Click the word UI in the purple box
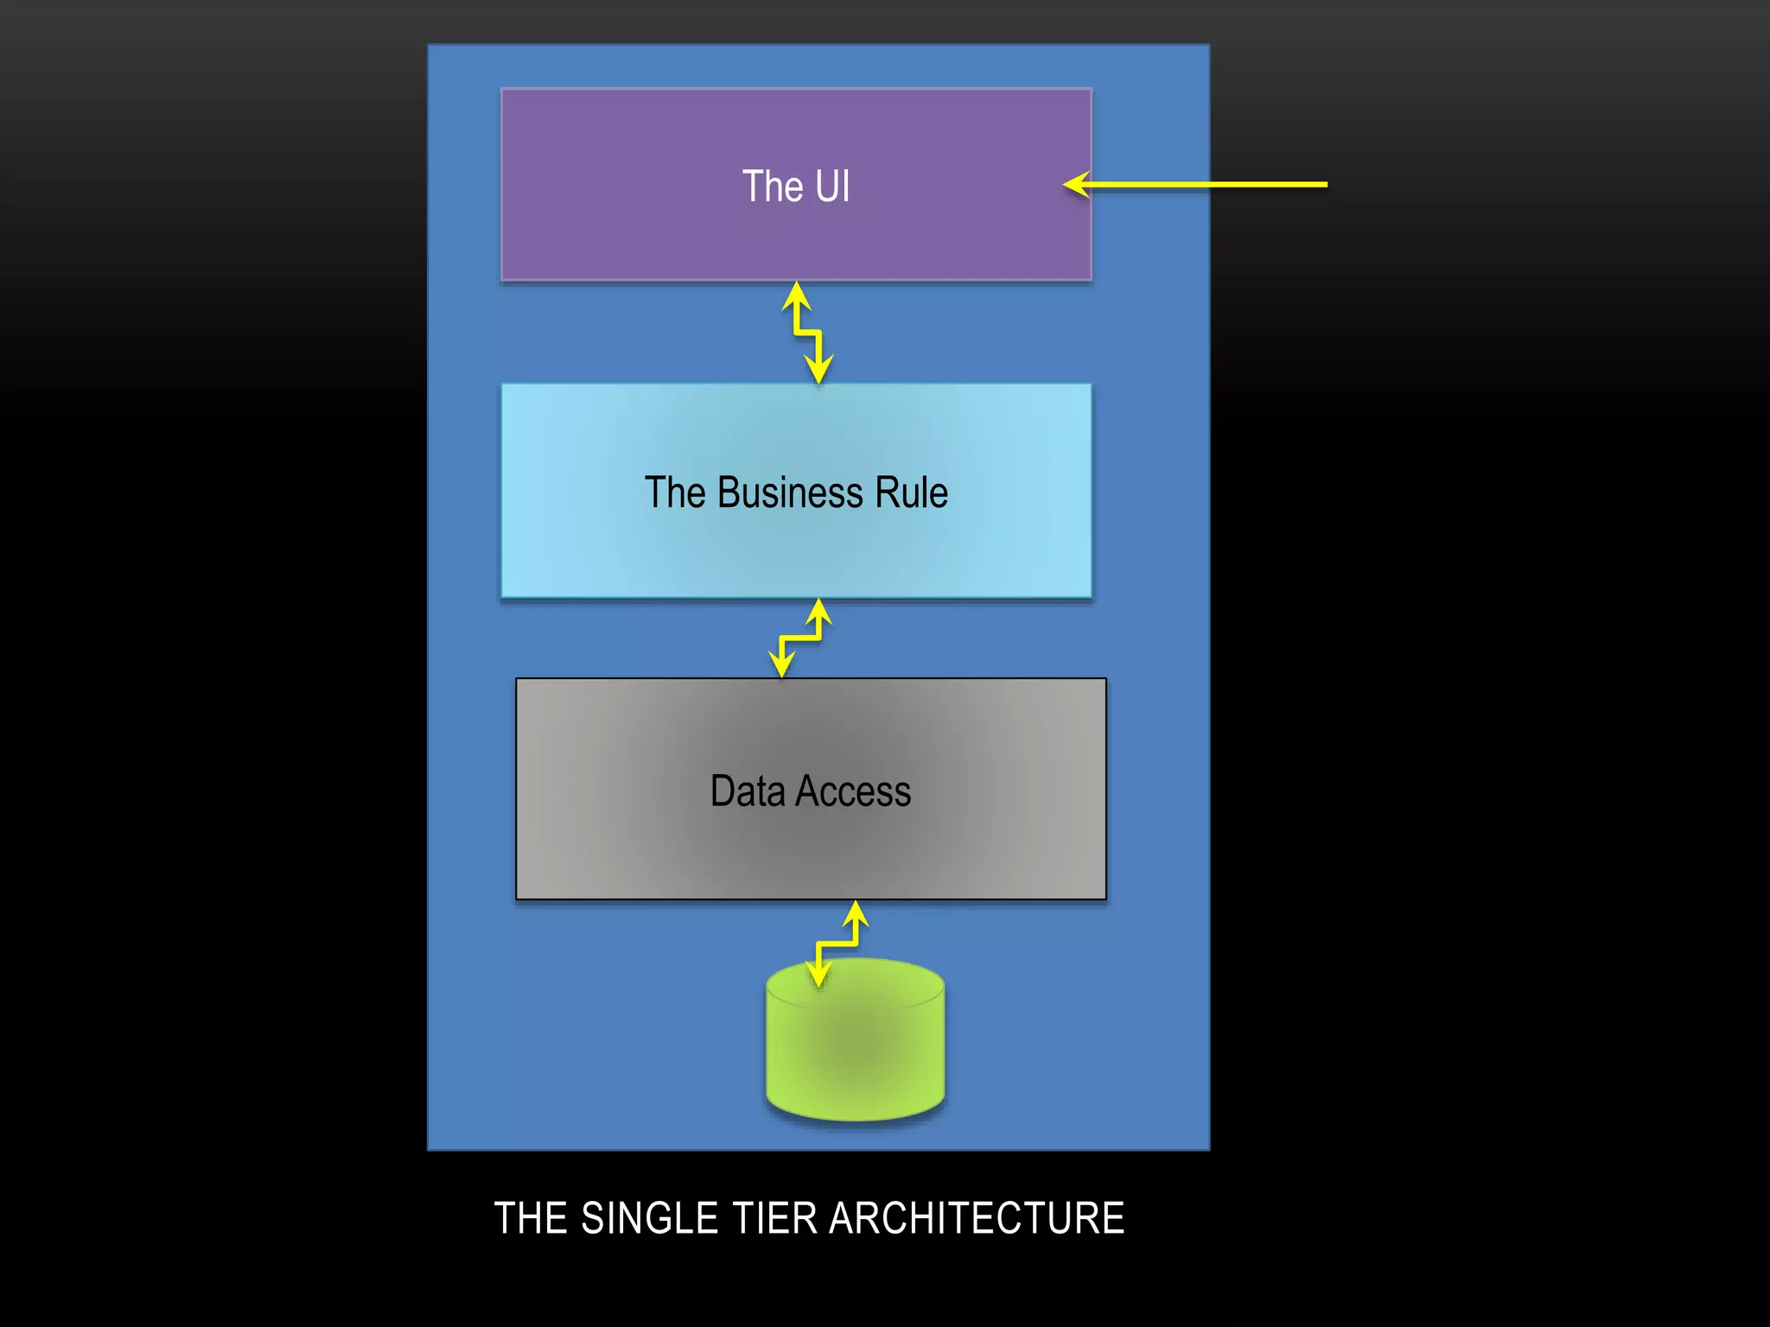click(832, 187)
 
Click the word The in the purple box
click(773, 187)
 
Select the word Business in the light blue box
click(790, 492)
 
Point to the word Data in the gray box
click(747, 790)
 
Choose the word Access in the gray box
click(853, 790)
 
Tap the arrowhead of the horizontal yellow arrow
click(1075, 184)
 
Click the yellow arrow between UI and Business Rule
click(807, 332)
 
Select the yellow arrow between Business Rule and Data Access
click(800, 638)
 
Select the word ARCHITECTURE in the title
click(977, 1218)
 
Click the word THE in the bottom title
click(531, 1218)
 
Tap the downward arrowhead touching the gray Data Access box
click(781, 666)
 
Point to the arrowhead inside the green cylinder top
click(818, 976)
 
